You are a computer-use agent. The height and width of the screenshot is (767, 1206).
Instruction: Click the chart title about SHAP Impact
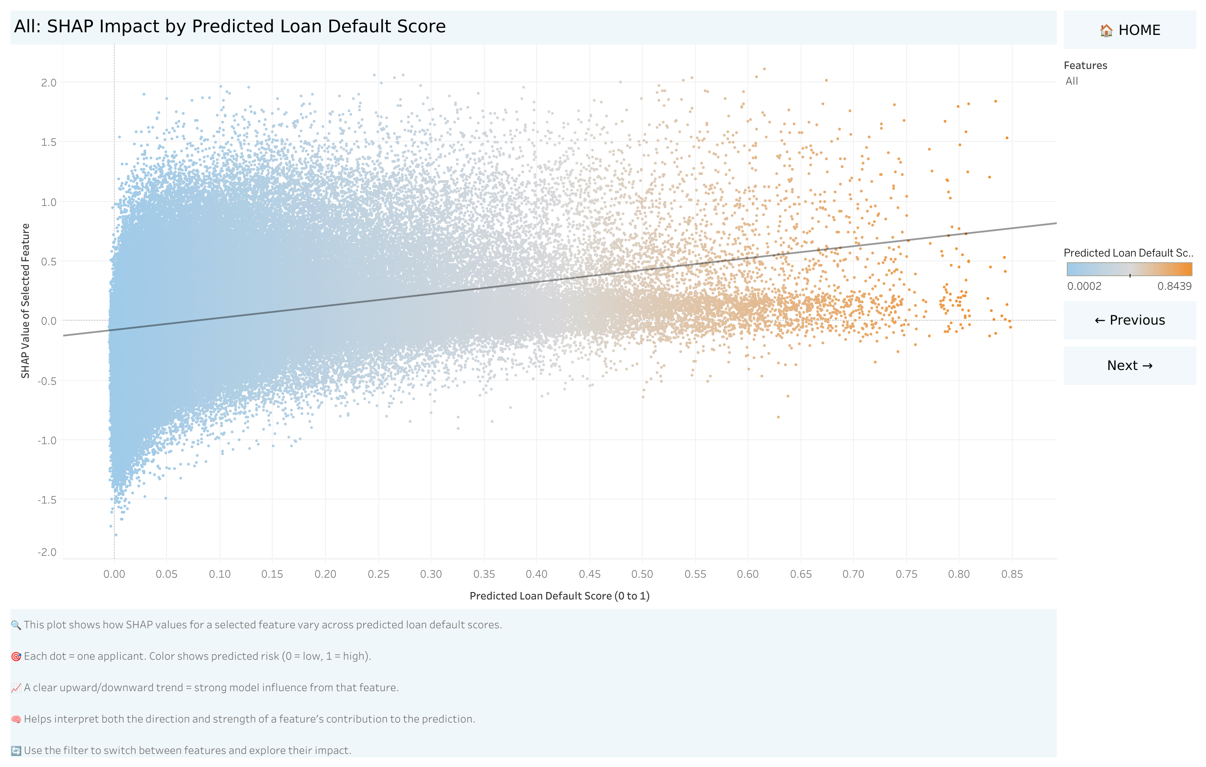point(230,27)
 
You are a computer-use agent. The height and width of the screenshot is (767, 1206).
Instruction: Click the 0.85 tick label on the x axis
point(1012,574)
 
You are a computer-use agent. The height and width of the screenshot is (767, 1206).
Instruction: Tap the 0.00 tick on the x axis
point(114,574)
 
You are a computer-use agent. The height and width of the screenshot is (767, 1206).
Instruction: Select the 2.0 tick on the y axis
point(48,82)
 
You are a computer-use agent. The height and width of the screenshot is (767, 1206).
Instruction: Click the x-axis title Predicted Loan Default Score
point(559,596)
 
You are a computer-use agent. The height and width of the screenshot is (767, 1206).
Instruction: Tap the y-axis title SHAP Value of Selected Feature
point(25,301)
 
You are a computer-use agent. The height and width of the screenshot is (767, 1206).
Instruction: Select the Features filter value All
point(1071,81)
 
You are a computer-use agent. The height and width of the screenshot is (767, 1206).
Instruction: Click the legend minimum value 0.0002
point(1084,286)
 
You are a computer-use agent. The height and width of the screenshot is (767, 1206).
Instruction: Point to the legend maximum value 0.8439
point(1174,286)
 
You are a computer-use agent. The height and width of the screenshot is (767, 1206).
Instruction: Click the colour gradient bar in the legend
point(1129,269)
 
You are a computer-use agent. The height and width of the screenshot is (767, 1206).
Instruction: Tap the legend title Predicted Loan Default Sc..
point(1128,253)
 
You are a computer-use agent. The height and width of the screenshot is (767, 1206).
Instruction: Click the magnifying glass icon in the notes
point(16,625)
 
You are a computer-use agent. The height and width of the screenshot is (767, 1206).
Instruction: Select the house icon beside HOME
point(1106,31)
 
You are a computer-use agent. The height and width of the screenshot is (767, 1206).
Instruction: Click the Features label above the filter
point(1085,65)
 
